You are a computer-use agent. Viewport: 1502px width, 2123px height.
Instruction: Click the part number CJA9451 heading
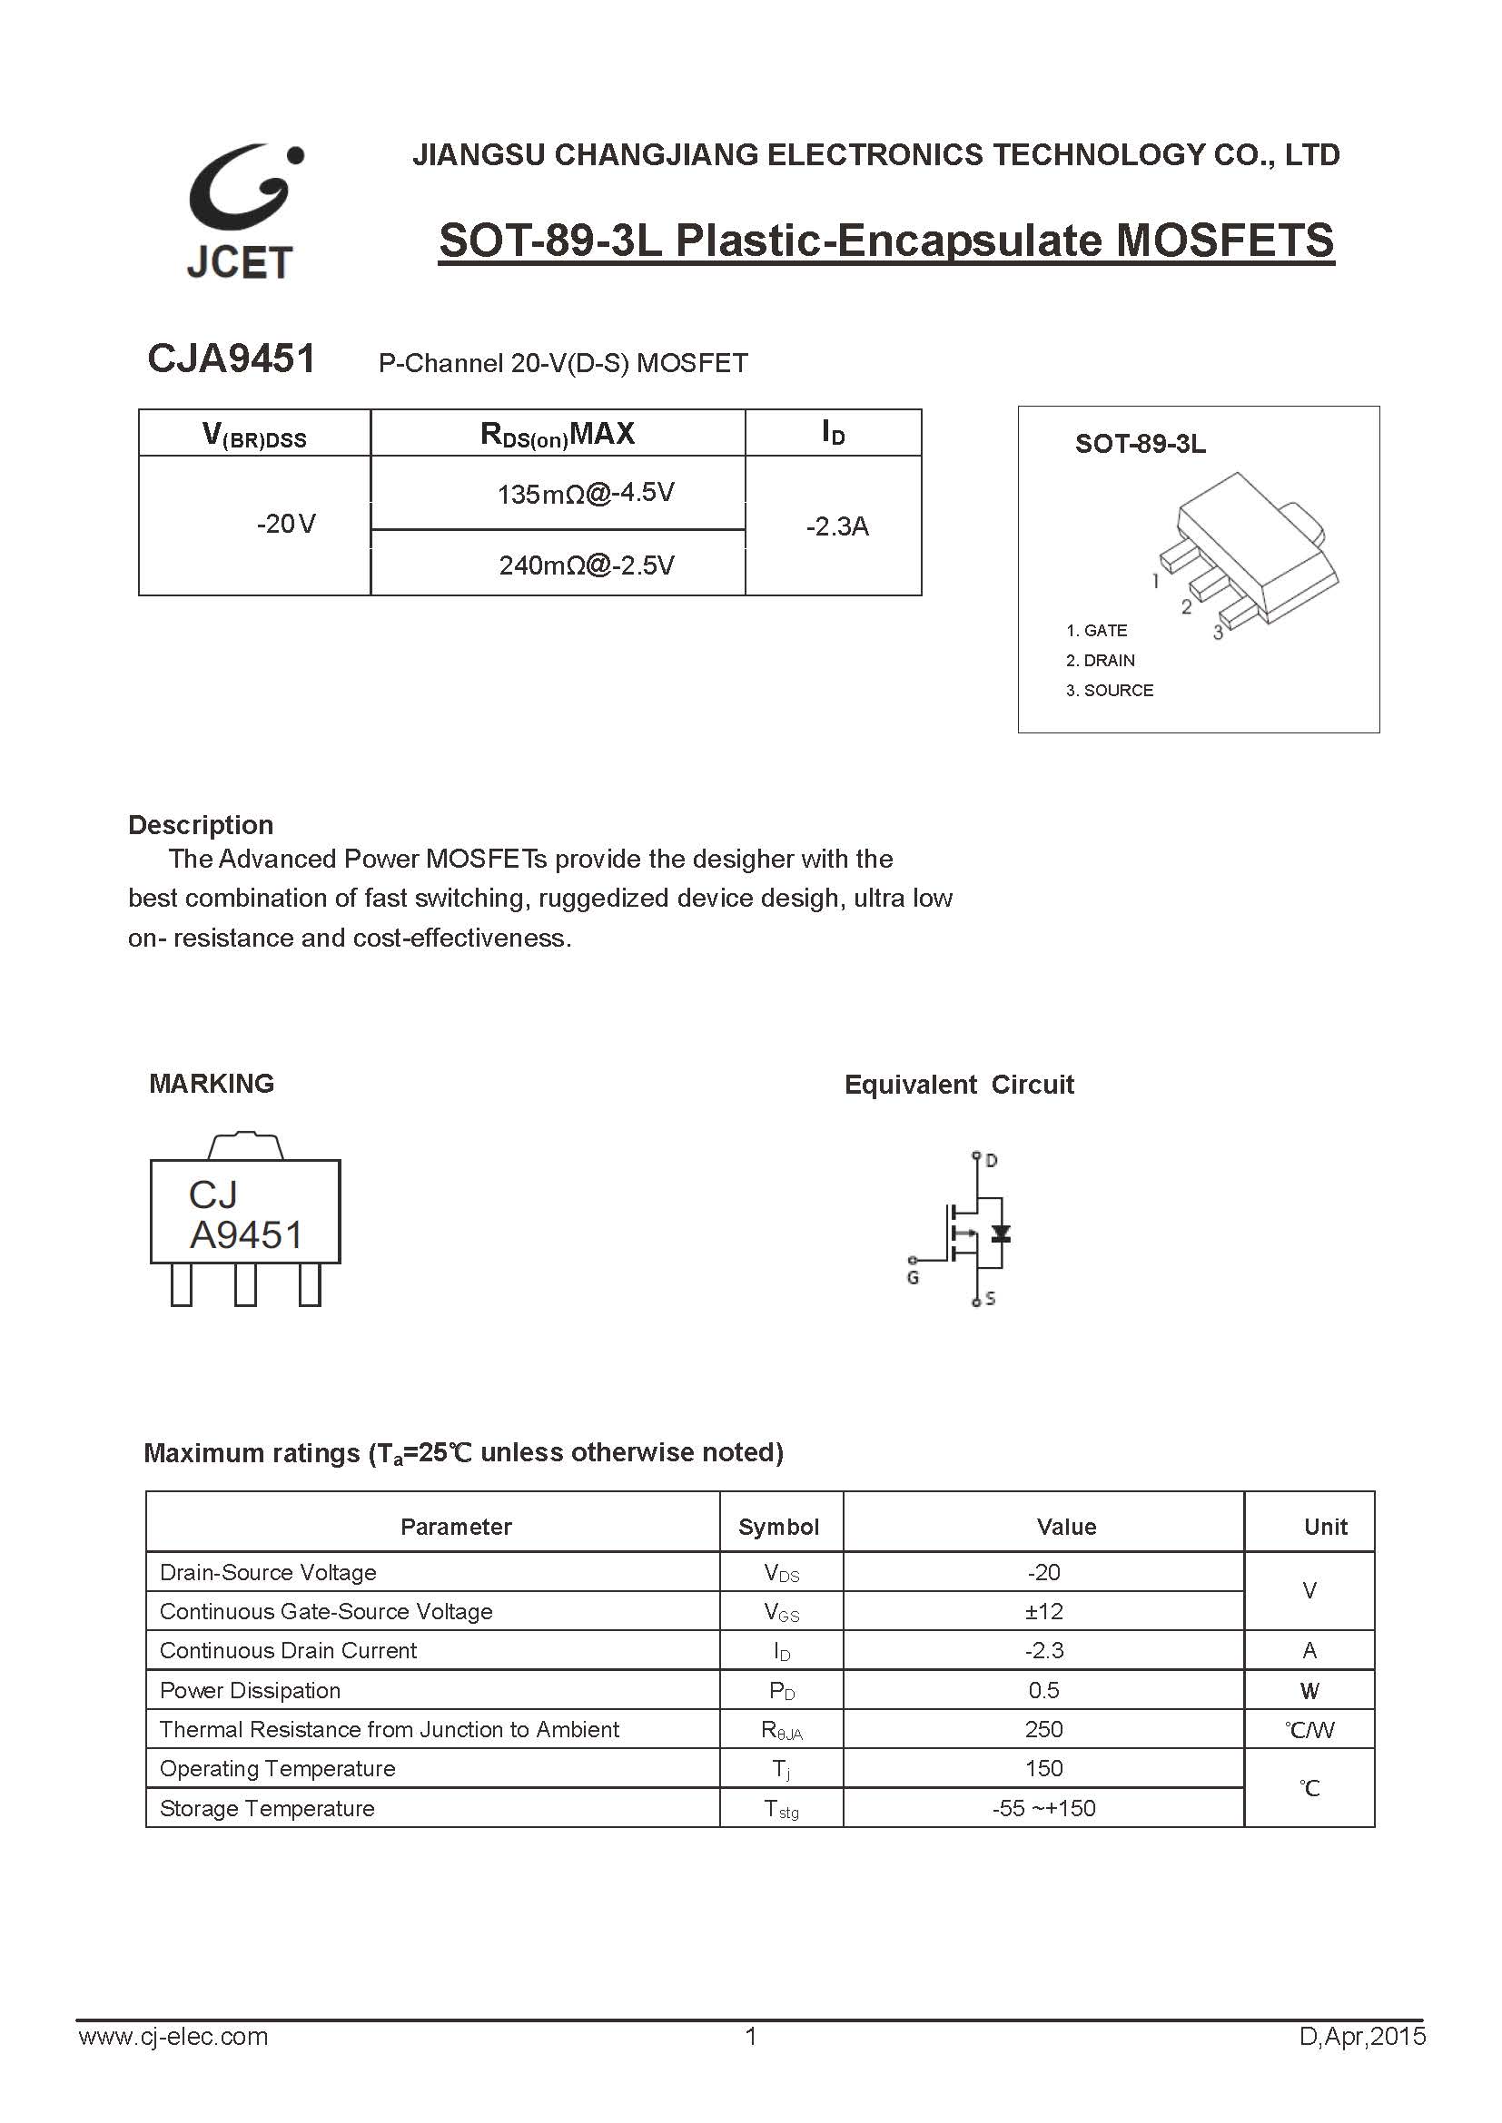coord(232,359)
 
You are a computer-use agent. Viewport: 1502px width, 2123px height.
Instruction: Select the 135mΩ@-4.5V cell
coord(586,494)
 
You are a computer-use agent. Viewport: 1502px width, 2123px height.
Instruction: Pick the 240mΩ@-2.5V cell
coord(587,565)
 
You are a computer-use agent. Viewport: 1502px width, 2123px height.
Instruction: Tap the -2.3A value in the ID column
coord(837,527)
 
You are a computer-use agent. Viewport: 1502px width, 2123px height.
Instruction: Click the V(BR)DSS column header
coord(254,435)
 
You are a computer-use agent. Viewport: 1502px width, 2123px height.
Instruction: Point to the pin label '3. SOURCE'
coord(1109,691)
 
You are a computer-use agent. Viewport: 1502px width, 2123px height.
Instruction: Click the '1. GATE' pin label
coord(1096,631)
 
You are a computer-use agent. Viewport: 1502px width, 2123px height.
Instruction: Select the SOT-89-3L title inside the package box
coord(1140,445)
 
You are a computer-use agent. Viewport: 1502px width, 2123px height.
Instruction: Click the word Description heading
coord(201,825)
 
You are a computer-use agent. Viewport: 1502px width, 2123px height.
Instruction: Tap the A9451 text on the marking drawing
coord(246,1235)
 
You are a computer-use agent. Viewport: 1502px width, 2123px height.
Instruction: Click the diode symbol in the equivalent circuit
coord(1000,1234)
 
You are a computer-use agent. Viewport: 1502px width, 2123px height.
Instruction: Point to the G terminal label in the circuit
coord(913,1278)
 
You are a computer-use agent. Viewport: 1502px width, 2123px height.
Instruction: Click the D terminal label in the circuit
coord(992,1161)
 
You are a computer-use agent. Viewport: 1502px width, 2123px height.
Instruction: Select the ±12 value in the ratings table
coord(1044,1612)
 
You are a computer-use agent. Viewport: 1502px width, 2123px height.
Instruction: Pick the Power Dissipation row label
coord(250,1690)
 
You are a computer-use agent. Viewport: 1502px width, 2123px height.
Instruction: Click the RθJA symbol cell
coord(782,1730)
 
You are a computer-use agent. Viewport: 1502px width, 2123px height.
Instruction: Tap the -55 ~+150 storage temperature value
coord(1043,1808)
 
